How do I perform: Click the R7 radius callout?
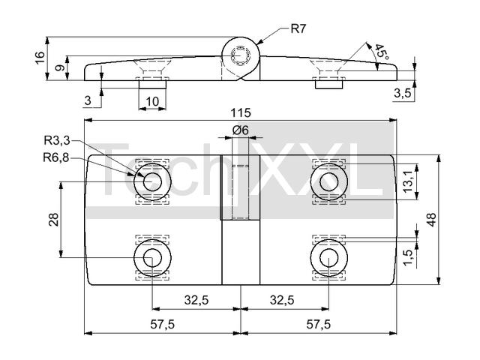tap(298, 28)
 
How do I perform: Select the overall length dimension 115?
tap(241, 113)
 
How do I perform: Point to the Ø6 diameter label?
tap(240, 130)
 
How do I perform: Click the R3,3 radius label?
tap(57, 141)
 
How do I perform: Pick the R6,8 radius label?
tap(56, 158)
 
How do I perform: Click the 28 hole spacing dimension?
tap(54, 220)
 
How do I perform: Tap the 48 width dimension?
tap(431, 220)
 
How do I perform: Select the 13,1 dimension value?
tap(408, 181)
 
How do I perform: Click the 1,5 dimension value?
tap(408, 258)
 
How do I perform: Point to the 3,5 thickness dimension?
tap(403, 93)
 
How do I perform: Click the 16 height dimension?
tap(40, 58)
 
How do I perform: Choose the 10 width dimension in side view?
tap(152, 101)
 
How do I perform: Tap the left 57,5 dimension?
tap(162, 325)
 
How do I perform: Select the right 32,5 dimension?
tap(282, 300)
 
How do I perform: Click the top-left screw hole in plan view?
tap(152, 181)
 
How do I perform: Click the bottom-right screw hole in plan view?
tap(328, 258)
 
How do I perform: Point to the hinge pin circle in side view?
tap(241, 55)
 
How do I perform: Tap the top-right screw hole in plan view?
tap(328, 181)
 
